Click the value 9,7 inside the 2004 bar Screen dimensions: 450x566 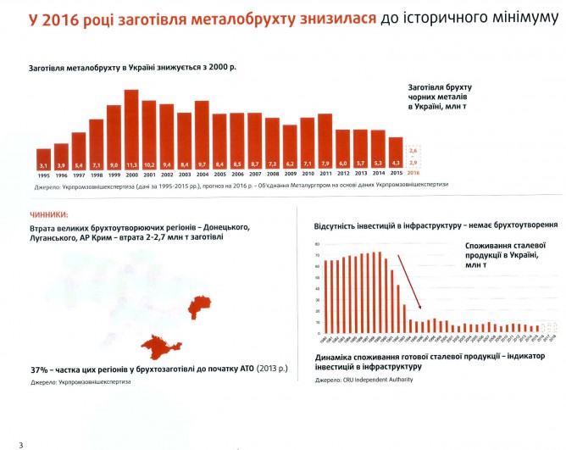click(x=202, y=164)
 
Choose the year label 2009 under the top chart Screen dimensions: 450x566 click(x=290, y=175)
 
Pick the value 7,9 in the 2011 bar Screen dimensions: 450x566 click(x=325, y=164)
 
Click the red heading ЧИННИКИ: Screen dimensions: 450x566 click(x=49, y=216)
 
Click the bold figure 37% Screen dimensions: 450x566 click(x=39, y=370)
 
